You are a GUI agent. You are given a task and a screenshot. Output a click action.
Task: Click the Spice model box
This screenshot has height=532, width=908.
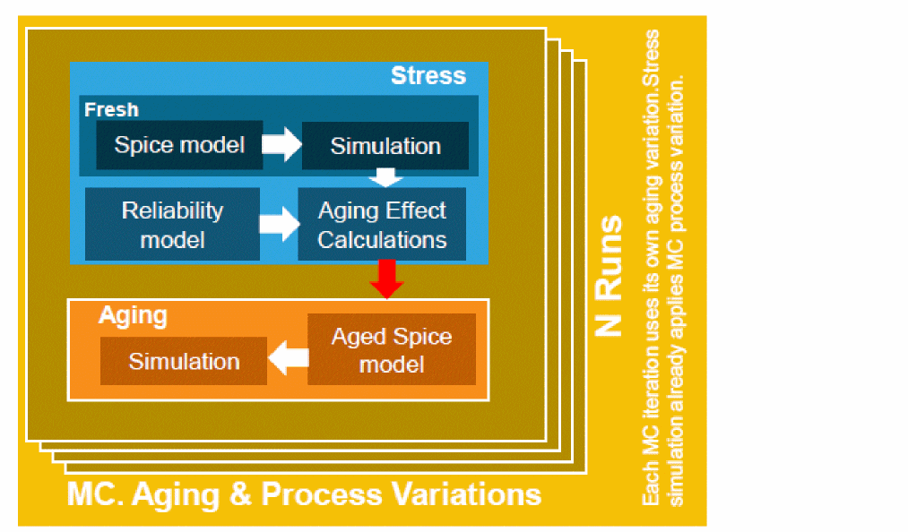click(x=179, y=145)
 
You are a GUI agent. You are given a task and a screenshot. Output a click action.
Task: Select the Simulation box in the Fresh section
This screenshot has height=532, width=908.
click(x=385, y=146)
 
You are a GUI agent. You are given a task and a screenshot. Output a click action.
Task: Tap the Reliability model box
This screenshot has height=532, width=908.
click(x=172, y=225)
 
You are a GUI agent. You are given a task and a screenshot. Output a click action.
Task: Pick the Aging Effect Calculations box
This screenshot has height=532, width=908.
click(x=382, y=225)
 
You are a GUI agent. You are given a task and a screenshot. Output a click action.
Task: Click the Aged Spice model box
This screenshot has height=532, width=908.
click(x=392, y=350)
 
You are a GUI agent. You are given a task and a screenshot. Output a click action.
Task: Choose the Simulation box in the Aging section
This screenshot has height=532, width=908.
click(x=184, y=361)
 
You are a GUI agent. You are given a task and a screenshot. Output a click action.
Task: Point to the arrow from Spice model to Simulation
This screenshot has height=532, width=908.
click(x=281, y=145)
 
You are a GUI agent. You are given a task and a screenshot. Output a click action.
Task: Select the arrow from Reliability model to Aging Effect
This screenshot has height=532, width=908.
click(x=278, y=225)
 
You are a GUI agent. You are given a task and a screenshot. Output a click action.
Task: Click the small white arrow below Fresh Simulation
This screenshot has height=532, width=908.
click(x=385, y=177)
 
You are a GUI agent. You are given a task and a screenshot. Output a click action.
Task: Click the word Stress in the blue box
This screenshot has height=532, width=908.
click(x=428, y=76)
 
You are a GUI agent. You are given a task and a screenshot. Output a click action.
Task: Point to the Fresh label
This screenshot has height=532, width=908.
click(x=111, y=109)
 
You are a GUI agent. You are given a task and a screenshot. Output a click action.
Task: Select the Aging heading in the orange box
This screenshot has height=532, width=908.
click(x=133, y=315)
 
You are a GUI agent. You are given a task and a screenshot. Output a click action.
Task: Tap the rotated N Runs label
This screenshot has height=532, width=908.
click(x=609, y=275)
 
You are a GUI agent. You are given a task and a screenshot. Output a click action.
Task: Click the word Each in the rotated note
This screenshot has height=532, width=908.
click(x=652, y=487)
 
